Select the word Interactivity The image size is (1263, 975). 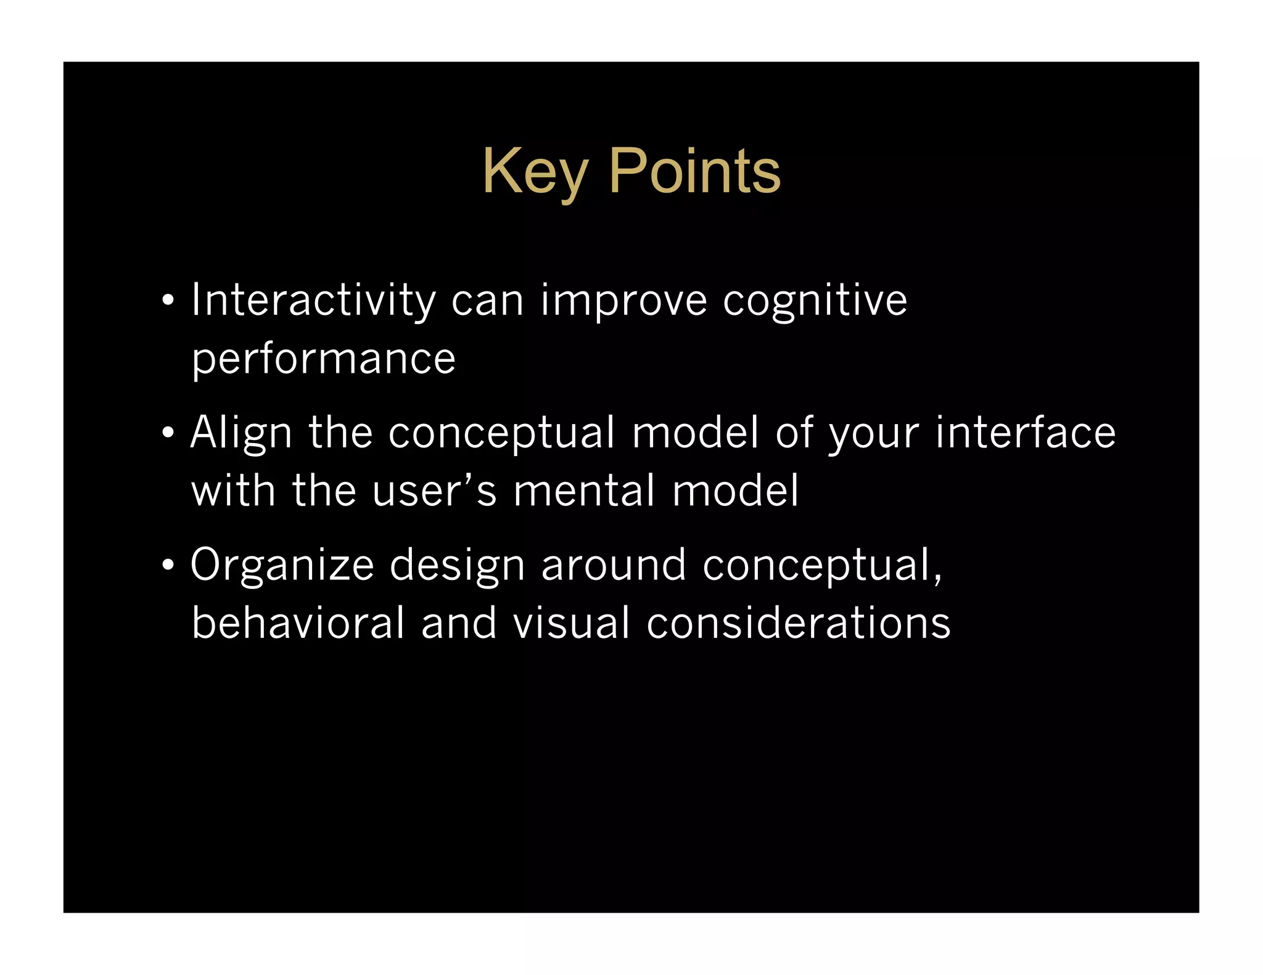click(313, 300)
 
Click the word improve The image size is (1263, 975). click(623, 300)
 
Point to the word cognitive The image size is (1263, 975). click(815, 300)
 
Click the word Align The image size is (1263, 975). click(241, 432)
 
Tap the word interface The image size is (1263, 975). click(1025, 432)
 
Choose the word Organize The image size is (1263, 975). click(282, 565)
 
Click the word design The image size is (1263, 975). click(457, 565)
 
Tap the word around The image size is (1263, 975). click(613, 565)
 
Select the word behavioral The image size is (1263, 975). click(298, 622)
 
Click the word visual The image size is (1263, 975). click(572, 622)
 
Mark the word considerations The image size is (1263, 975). click(798, 622)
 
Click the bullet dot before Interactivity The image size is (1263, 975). click(168, 301)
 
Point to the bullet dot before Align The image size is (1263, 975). click(168, 433)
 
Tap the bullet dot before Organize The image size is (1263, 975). click(168, 565)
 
